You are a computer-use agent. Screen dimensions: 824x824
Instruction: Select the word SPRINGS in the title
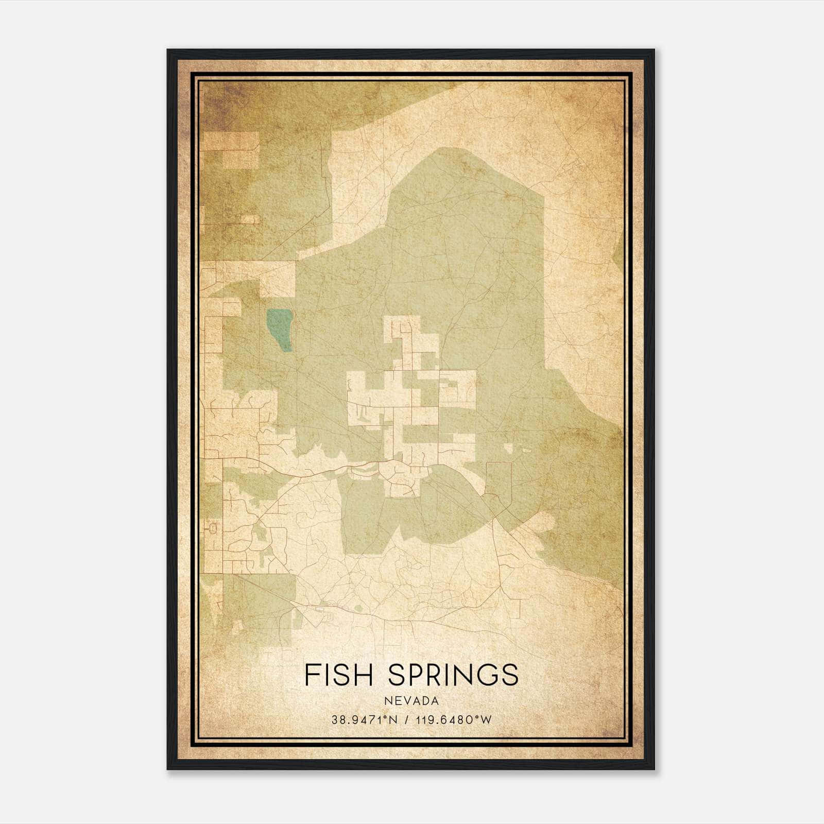453,675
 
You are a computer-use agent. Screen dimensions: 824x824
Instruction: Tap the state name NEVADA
411,701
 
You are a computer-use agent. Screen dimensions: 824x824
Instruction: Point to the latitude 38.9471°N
365,720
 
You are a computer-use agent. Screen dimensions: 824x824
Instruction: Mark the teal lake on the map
280,329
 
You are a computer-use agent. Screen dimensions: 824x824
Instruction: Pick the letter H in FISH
363,675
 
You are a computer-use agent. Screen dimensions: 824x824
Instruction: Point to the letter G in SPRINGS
487,675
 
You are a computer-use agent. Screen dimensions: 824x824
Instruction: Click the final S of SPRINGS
510,675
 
